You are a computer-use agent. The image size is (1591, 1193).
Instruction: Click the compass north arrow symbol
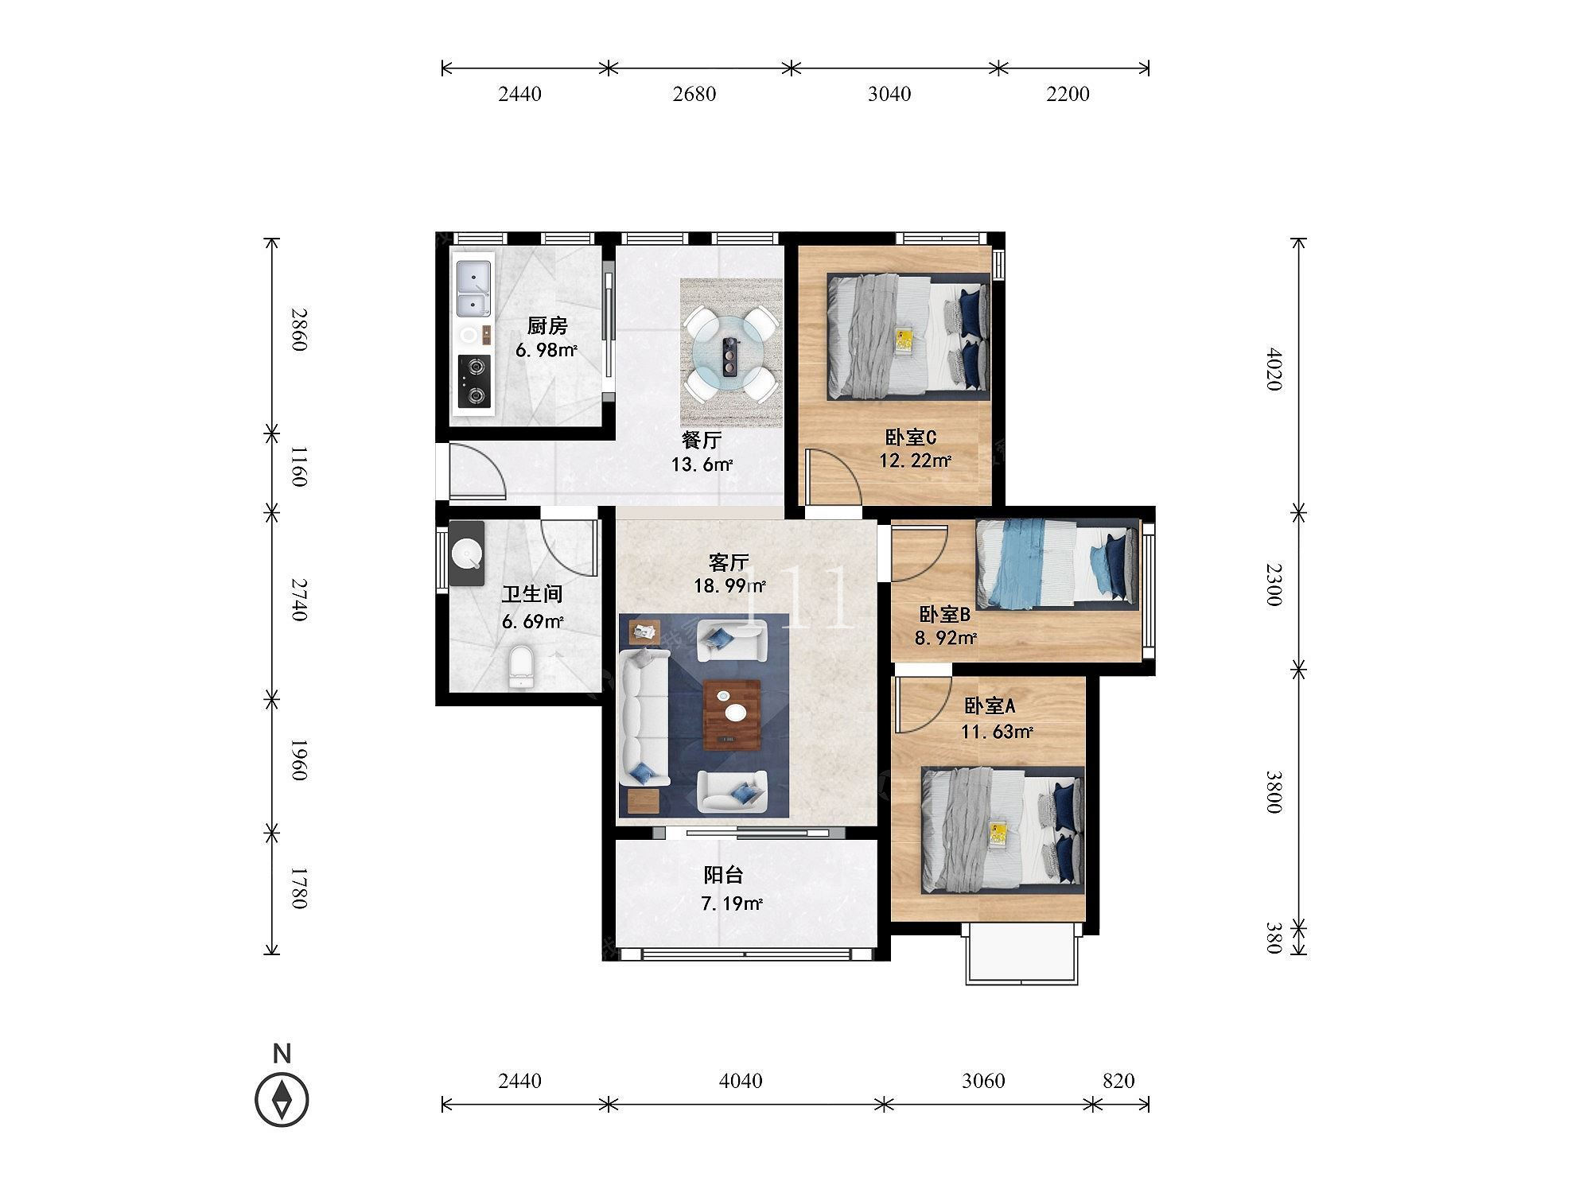coord(282,1101)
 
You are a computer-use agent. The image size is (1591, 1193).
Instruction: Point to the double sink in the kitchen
coord(474,288)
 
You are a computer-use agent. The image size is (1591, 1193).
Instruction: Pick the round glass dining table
coord(731,355)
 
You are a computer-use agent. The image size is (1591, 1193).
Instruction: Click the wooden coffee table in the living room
coord(732,715)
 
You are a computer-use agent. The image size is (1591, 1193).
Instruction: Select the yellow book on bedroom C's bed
coord(904,340)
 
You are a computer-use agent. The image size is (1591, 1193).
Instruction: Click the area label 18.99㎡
coord(729,587)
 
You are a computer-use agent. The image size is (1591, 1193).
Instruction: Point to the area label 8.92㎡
coord(946,638)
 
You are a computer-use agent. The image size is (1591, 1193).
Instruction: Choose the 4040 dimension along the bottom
coord(740,1081)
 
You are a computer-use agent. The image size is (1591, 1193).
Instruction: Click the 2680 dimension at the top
coord(694,94)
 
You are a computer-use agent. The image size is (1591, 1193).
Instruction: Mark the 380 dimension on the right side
coord(1273,938)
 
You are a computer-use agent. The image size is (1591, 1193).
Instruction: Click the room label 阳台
coord(724,876)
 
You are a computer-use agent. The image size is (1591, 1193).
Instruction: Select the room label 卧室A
coord(990,705)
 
